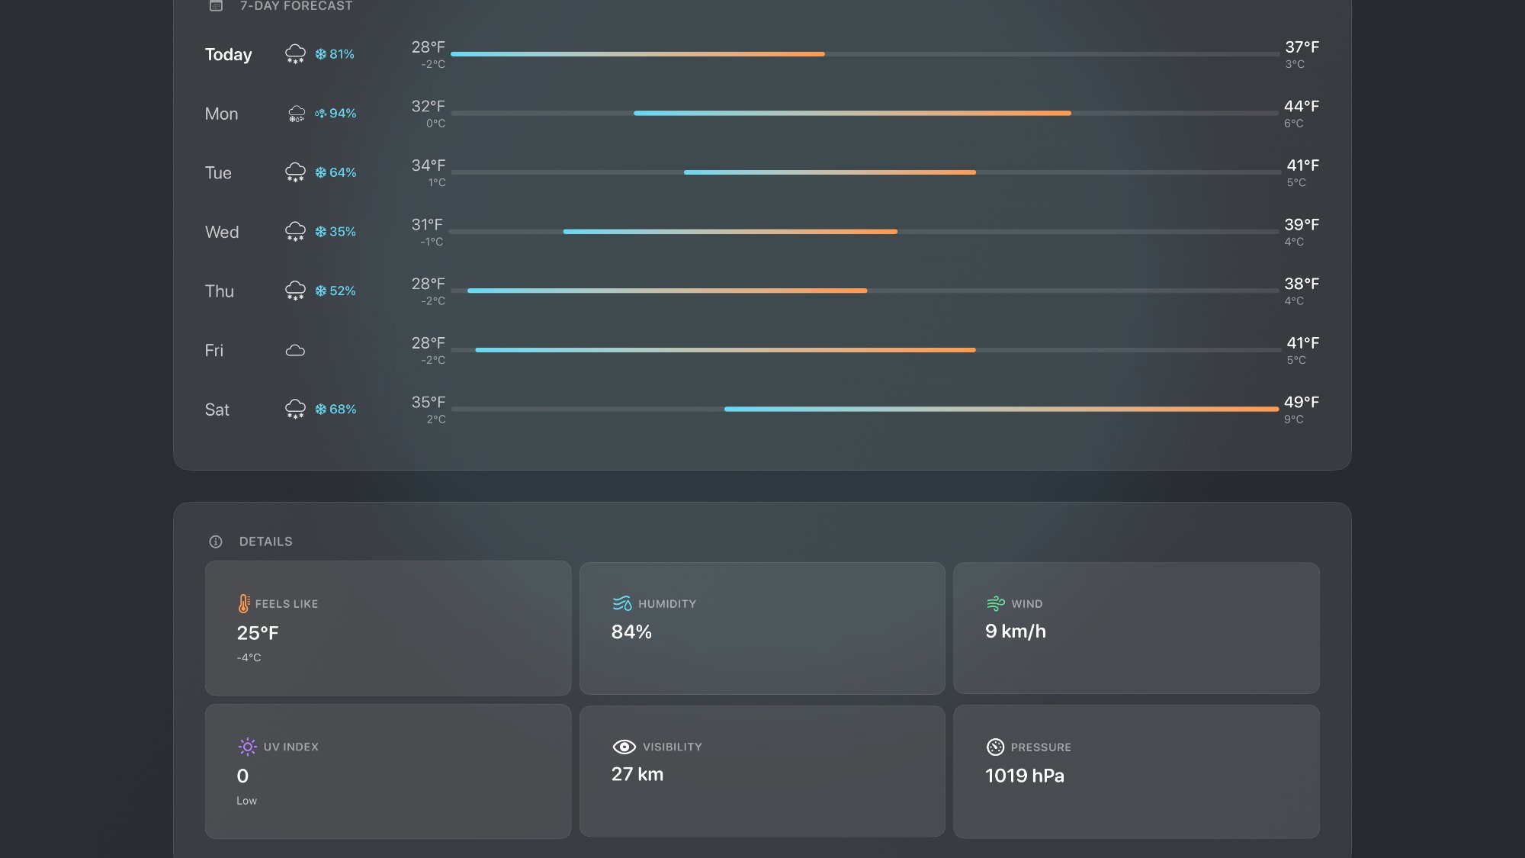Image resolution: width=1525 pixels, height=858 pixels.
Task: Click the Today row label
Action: [x=228, y=54]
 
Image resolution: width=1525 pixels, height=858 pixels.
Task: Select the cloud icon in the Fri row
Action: [x=295, y=351]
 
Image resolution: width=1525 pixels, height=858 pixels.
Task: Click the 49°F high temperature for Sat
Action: [x=1301, y=402]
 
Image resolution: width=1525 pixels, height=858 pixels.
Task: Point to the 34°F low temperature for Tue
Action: [x=428, y=165]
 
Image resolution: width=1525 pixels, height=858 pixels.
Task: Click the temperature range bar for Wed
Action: [x=730, y=232]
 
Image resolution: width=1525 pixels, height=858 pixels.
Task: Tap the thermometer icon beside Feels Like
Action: [x=243, y=603]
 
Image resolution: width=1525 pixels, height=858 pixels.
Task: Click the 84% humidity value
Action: [x=631, y=631]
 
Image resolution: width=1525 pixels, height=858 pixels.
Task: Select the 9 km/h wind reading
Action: [x=1015, y=631]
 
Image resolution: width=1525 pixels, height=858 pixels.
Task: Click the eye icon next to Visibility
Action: [x=624, y=747]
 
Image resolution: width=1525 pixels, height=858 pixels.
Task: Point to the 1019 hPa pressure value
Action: [x=1024, y=776]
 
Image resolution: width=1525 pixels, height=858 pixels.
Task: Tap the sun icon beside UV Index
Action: [x=247, y=747]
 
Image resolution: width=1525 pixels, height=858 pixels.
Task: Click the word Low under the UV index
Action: [x=246, y=801]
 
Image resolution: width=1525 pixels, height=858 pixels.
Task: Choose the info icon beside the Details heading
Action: [x=216, y=541]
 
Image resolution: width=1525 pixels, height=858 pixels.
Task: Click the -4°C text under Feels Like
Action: [x=249, y=657]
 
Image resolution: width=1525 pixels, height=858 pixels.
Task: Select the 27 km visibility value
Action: [x=637, y=774]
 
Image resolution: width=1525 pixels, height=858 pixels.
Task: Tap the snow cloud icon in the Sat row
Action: [x=295, y=410]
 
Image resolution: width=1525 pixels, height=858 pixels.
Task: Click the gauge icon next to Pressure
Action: [x=995, y=747]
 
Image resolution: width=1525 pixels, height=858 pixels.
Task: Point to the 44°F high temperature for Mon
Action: [x=1301, y=106]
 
